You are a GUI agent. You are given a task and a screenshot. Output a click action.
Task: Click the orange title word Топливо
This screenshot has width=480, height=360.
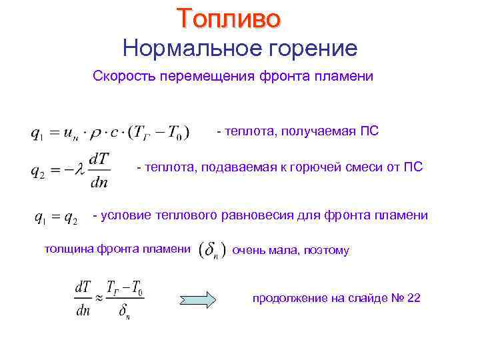[x=229, y=19]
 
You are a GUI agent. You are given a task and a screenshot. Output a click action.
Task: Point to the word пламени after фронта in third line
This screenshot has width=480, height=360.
[x=343, y=77]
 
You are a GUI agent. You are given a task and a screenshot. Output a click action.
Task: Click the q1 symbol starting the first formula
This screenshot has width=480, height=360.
[x=37, y=133]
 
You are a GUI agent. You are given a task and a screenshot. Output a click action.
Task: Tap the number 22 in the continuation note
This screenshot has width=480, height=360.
[x=413, y=298]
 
